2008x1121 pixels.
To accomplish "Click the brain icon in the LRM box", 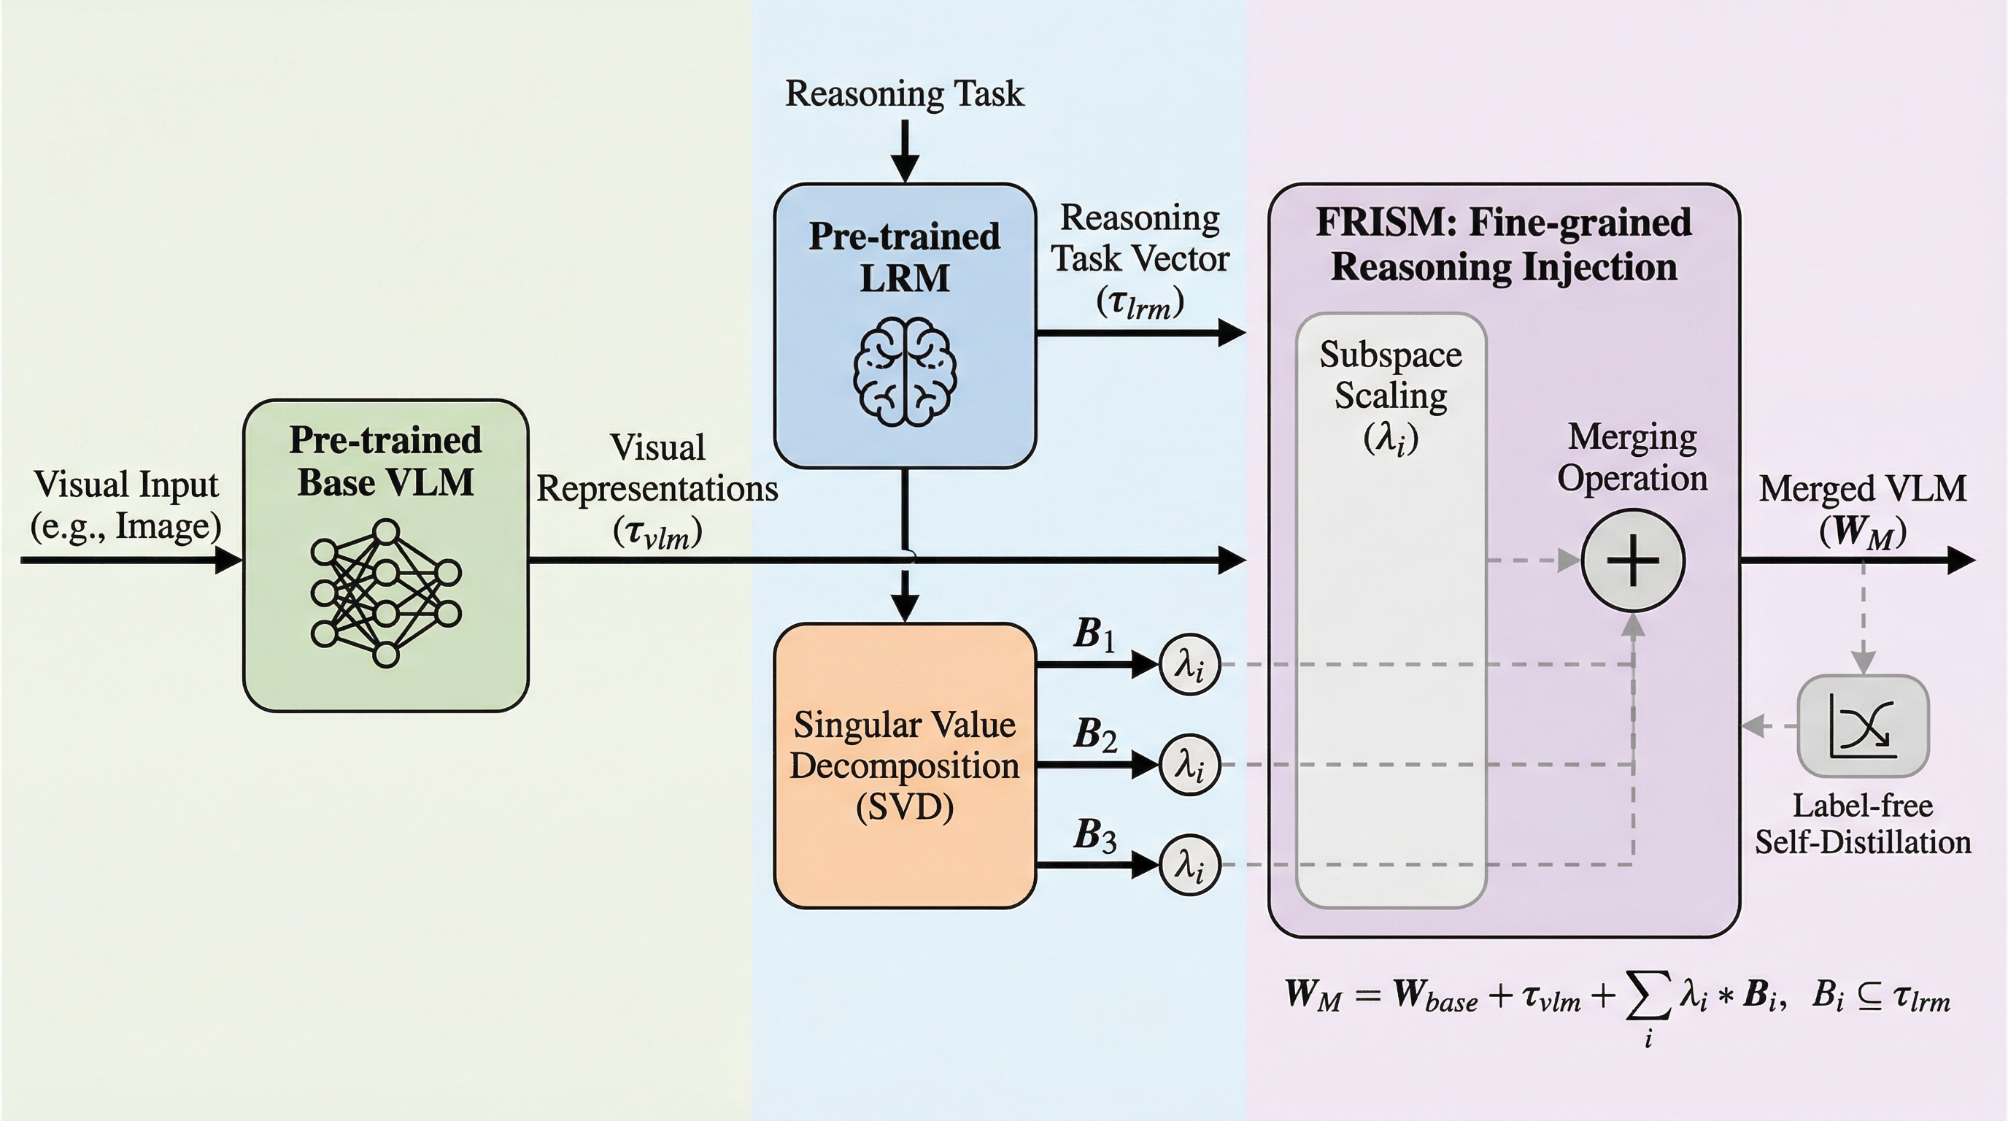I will (904, 372).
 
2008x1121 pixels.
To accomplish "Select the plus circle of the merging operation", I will (1632, 560).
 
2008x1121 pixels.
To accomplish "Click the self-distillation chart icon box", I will (1862, 725).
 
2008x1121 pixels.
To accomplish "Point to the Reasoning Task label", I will (904, 93).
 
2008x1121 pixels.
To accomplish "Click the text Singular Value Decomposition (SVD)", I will (904, 766).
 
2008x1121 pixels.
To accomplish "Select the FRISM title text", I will (1504, 244).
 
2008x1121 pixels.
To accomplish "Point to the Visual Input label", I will (126, 504).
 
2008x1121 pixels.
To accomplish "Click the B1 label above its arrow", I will (1094, 633).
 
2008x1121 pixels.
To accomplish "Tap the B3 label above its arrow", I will (1094, 835).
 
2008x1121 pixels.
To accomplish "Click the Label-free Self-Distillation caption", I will (1862, 824).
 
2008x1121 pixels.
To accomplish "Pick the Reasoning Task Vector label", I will (1140, 259).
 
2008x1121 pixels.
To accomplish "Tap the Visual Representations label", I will (657, 489).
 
